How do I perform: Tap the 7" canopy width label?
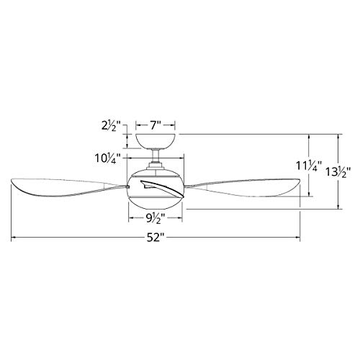pyautogui.click(x=156, y=125)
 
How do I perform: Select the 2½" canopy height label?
pyautogui.click(x=109, y=126)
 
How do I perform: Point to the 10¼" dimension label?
pyautogui.click(x=107, y=158)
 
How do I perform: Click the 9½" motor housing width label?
pyautogui.click(x=156, y=218)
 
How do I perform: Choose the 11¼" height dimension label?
pyautogui.click(x=308, y=166)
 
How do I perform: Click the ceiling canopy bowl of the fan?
pyautogui.click(x=156, y=141)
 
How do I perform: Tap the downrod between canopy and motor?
pyautogui.click(x=156, y=156)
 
